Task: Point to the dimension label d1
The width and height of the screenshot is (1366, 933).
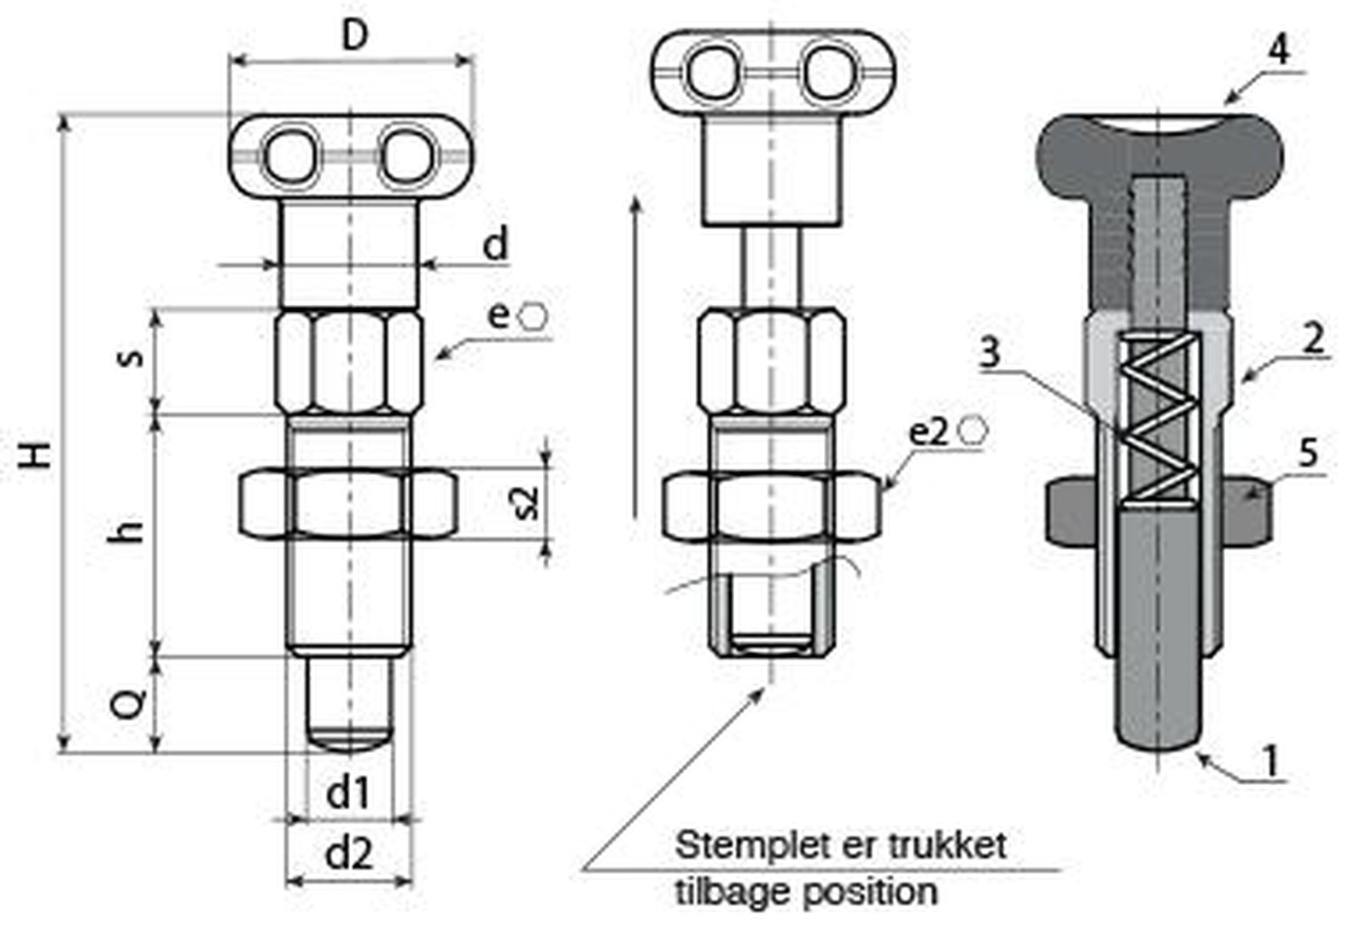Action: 348,793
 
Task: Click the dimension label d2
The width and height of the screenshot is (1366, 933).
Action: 349,853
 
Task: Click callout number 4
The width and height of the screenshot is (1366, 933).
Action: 1277,50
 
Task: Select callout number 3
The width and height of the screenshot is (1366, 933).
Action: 989,351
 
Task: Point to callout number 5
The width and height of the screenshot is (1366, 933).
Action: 1308,452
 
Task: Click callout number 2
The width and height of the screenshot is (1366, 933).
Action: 1313,338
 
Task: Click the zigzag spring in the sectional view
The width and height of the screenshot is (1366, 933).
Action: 1158,418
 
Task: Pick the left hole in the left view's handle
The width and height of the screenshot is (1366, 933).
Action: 291,156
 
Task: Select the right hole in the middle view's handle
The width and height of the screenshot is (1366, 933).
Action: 828,73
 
